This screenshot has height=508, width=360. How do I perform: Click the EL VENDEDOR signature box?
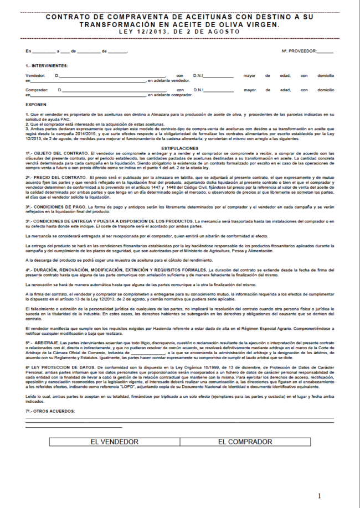pos(115,442)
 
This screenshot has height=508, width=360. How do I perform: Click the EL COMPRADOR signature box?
pos(245,442)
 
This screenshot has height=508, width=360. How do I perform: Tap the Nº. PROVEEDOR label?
pos(299,51)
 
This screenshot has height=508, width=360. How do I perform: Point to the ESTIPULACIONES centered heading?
pos(179,148)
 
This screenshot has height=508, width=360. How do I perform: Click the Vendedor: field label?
pos(35,75)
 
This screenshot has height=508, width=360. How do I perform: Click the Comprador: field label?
pos(37,89)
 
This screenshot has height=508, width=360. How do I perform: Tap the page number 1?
pos(319,495)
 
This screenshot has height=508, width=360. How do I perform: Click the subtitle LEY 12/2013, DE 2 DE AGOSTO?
pos(179,32)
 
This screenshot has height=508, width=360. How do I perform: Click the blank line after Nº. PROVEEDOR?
pos(325,51)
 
